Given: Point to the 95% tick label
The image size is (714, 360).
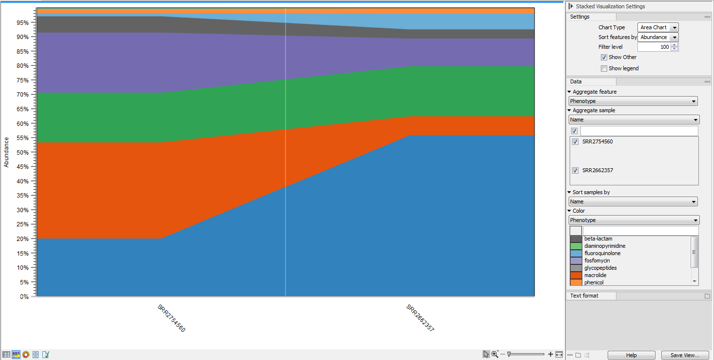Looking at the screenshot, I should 22,22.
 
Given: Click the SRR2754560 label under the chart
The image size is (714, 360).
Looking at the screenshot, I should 171,318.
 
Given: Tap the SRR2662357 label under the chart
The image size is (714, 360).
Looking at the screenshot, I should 420,318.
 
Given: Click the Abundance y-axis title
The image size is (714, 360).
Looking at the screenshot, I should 6,152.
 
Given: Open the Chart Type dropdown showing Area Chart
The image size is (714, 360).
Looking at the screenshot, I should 658,28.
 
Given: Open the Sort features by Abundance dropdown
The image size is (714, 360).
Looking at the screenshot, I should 658,37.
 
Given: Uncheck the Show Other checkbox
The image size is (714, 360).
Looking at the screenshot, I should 604,57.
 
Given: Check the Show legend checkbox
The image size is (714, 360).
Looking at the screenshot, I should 604,68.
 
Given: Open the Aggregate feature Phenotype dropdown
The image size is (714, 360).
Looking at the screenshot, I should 633,101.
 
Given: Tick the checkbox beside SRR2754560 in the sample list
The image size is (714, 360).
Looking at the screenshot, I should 575,142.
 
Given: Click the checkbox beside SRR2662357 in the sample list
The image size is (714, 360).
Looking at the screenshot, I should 575,171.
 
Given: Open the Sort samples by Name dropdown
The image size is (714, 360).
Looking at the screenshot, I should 633,201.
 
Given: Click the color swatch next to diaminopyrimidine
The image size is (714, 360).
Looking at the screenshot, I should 576,246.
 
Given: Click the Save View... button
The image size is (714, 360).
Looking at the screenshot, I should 685,355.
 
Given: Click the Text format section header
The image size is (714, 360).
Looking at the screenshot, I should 584,296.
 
